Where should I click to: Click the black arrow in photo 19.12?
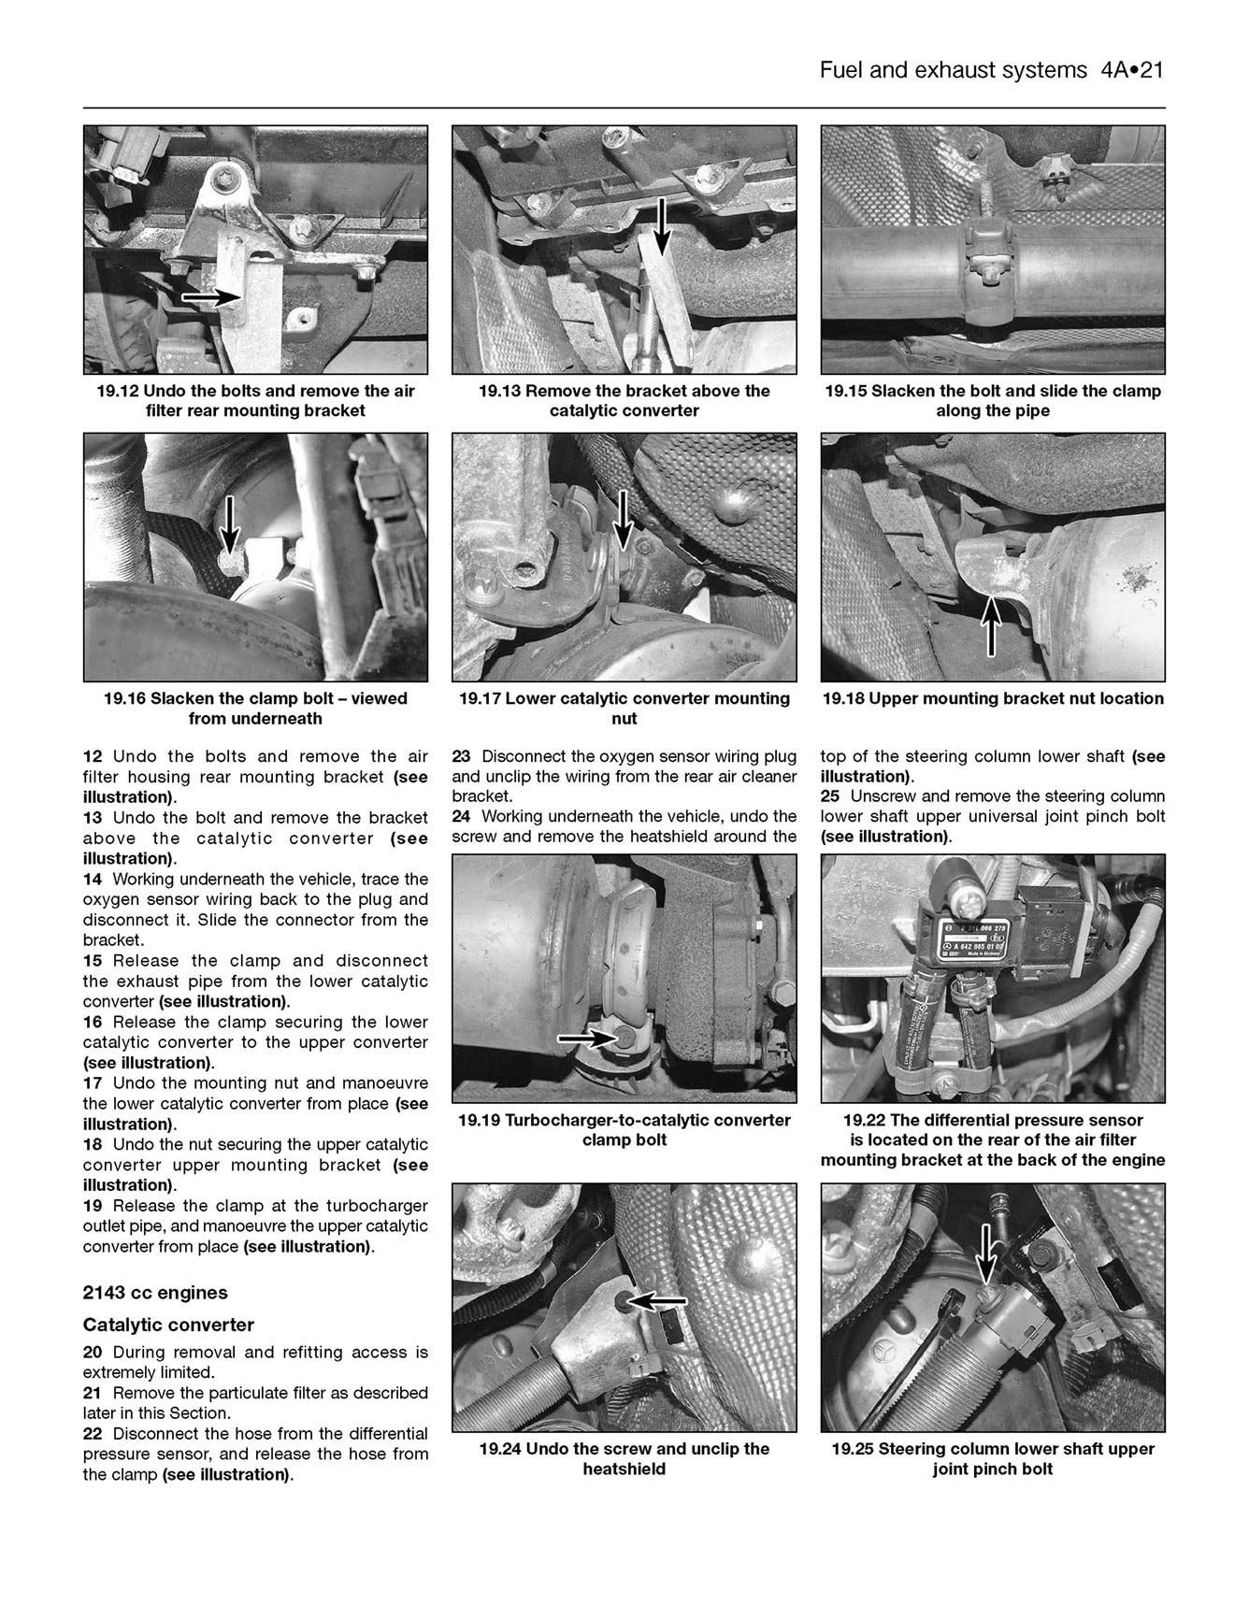click(x=210, y=297)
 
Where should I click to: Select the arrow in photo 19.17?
click(x=622, y=520)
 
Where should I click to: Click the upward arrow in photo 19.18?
click(x=991, y=623)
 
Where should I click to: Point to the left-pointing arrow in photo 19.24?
click(x=655, y=1299)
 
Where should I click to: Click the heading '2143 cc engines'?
click(x=155, y=1293)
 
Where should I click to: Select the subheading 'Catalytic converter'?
click(x=168, y=1325)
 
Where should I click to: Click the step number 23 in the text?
click(x=461, y=756)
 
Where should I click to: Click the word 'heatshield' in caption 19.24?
click(x=624, y=1469)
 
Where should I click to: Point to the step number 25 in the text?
click(x=830, y=796)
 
